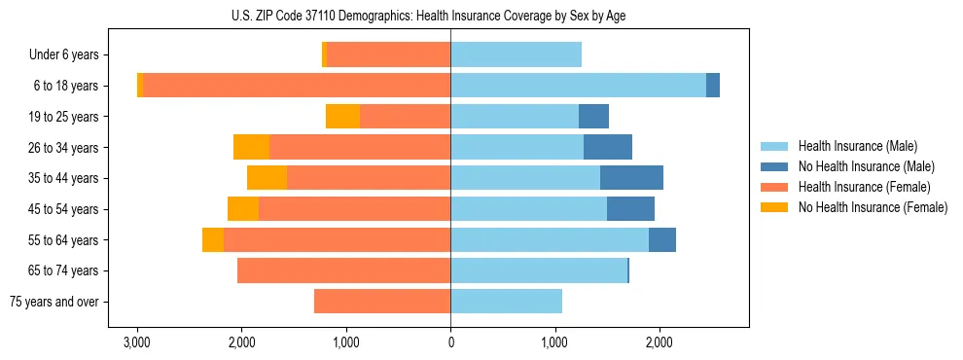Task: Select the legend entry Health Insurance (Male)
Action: pyautogui.click(x=857, y=146)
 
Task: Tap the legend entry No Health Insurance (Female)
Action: pyautogui.click(x=873, y=207)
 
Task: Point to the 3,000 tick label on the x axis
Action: pyautogui.click(x=137, y=343)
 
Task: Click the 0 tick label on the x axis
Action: pyautogui.click(x=450, y=343)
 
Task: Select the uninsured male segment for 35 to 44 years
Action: pyautogui.click(x=631, y=178)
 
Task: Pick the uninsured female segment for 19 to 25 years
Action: pyautogui.click(x=342, y=117)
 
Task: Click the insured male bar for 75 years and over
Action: pyautogui.click(x=506, y=302)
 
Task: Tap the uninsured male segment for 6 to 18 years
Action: pyautogui.click(x=713, y=86)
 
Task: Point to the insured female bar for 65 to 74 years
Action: pyautogui.click(x=343, y=270)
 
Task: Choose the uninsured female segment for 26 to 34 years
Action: pyautogui.click(x=251, y=147)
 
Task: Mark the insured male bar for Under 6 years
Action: pyautogui.click(x=516, y=55)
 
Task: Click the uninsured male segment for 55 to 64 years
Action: pyautogui.click(x=662, y=239)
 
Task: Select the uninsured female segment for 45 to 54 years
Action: pyautogui.click(x=243, y=209)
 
